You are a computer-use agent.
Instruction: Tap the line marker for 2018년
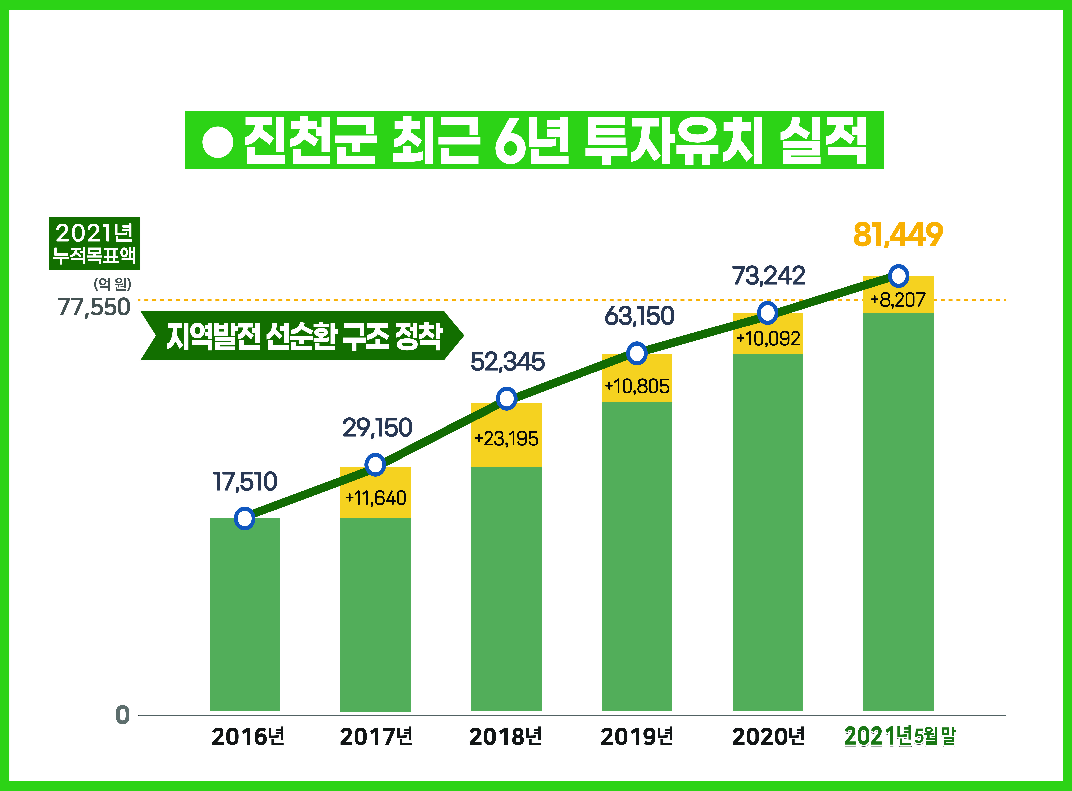pos(507,398)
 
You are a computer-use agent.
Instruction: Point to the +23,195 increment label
pos(507,439)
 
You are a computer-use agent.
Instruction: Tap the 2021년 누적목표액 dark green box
pos(94,243)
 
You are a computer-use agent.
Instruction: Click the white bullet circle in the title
pos(218,142)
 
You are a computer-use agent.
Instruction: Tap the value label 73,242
pos(768,276)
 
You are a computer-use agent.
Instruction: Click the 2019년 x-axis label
pos(637,736)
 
